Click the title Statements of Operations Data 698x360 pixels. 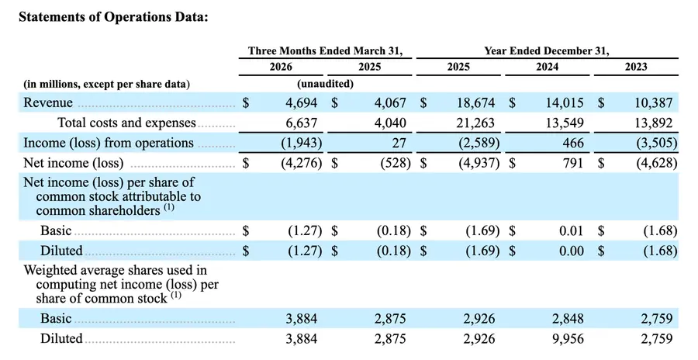113,17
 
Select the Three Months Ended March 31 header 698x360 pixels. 326,50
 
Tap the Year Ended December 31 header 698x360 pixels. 547,50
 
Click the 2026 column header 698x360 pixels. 281,67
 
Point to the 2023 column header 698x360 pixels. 636,67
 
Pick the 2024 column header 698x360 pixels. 547,67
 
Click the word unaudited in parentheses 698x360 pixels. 326,84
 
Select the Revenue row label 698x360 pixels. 48,102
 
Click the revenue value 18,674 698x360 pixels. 476,103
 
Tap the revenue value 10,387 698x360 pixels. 654,103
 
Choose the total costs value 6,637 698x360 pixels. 302,123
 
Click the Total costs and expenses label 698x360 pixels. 127,123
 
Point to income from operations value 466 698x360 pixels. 573,143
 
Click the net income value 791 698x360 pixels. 573,163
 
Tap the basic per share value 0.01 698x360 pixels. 572,230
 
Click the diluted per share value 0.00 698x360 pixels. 572,251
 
